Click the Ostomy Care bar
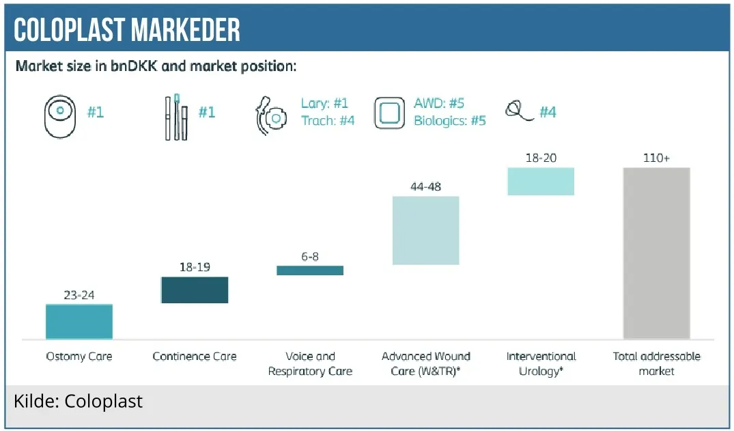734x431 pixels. point(79,322)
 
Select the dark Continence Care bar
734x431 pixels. point(195,290)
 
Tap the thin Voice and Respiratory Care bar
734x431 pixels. point(310,270)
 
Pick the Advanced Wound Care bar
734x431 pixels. point(425,230)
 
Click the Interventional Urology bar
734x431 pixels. point(541,181)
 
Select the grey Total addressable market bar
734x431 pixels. point(656,253)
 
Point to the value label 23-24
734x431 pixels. point(79,295)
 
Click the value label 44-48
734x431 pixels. point(425,186)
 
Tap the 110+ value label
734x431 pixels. point(656,158)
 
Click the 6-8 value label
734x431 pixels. point(310,256)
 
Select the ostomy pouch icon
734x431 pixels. point(60,117)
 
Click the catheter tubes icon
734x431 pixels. point(176,117)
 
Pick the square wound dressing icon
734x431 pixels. point(389,113)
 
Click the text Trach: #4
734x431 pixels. point(328,121)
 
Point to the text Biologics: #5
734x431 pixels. point(450,121)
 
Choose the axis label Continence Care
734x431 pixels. point(195,357)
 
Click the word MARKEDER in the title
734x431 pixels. point(186,30)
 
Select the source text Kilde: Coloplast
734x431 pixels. point(78,402)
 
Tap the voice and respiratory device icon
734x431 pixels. point(271,116)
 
